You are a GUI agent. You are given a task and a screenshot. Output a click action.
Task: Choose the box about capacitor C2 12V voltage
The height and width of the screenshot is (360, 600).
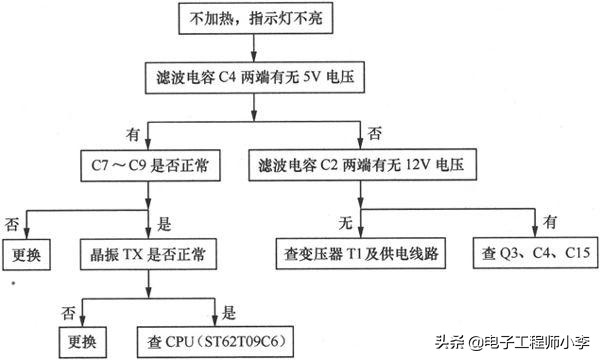click(367, 162)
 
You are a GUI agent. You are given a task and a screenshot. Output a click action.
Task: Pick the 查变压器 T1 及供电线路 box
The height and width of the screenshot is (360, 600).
click(359, 250)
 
